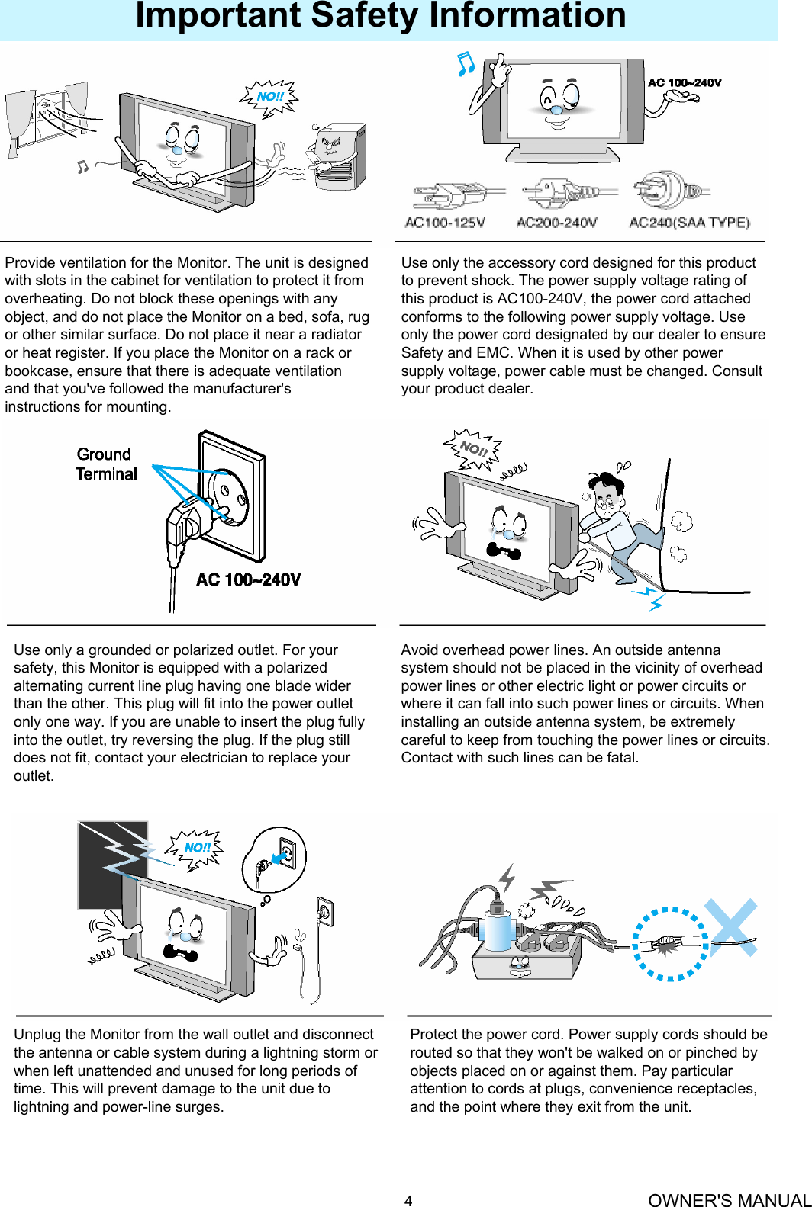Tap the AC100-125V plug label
click(x=445, y=223)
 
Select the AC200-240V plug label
click(x=556, y=223)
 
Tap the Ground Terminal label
click(x=106, y=464)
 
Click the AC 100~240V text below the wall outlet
click(x=248, y=580)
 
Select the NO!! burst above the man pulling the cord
click(x=473, y=449)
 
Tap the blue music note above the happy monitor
click(x=465, y=64)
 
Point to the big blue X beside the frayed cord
click(x=731, y=927)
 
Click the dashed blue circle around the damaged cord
click(x=670, y=943)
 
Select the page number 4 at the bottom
click(x=408, y=1201)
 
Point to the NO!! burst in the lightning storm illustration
click(x=197, y=848)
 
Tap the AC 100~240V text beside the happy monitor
click(x=685, y=82)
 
